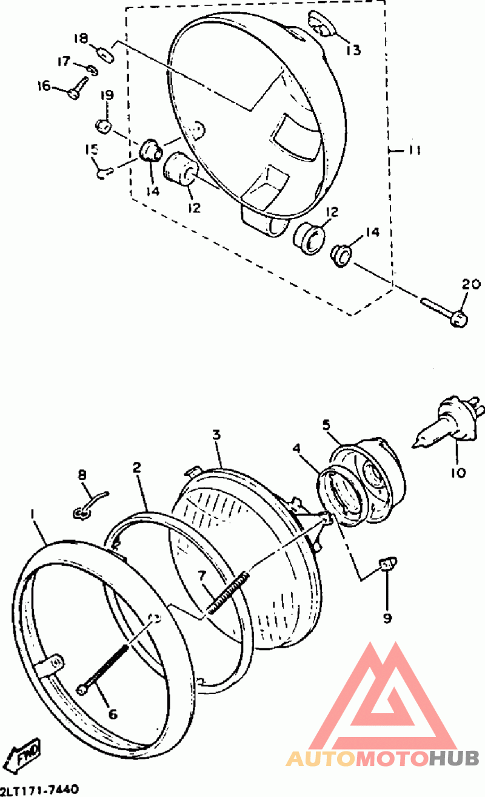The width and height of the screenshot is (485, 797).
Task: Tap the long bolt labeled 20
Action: coord(444,313)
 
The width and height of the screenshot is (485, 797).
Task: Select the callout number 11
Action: coord(414,150)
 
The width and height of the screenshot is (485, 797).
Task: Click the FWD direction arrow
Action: coord(25,755)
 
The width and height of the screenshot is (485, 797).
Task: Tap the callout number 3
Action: coord(216,435)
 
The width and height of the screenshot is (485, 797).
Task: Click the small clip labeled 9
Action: coord(389,563)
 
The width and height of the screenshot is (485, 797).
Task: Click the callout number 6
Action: coord(112,713)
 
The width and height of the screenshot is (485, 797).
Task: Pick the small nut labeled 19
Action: coord(104,126)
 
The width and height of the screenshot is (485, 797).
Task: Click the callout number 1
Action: coord(32,514)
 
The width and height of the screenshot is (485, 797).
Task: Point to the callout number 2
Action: coord(137,467)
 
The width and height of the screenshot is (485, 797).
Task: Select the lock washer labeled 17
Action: coord(92,69)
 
